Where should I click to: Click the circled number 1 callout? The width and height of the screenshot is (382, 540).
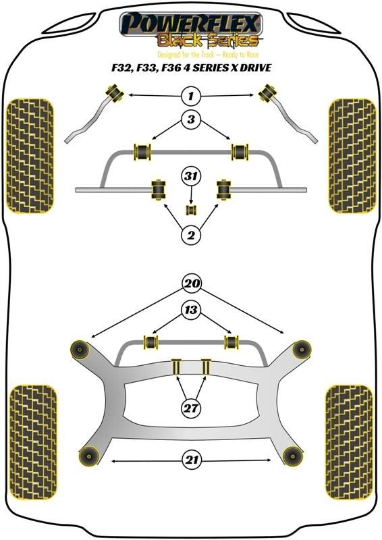point(191,95)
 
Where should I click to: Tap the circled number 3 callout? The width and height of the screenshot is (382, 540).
point(191,119)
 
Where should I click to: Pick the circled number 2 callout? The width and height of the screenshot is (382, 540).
point(191,235)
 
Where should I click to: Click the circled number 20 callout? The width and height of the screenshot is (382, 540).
point(192,283)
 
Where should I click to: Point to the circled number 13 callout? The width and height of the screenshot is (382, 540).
point(191,310)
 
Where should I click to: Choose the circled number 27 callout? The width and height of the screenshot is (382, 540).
point(191,408)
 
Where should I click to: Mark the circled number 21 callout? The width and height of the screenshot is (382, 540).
point(192,460)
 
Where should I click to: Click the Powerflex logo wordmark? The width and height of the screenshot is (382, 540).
point(190,24)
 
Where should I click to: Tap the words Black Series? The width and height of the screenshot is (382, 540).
point(207,40)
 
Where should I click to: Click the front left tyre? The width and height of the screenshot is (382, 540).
point(30,156)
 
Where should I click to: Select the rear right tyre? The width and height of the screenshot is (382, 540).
point(350,442)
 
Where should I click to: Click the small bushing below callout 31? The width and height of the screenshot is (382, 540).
point(191,210)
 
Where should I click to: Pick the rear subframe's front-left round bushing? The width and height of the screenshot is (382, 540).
point(80,350)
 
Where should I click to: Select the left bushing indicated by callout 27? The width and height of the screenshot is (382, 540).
point(177,367)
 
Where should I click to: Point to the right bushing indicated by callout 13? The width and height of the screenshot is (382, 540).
point(231,342)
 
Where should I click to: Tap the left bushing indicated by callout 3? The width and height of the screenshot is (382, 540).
point(142,151)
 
